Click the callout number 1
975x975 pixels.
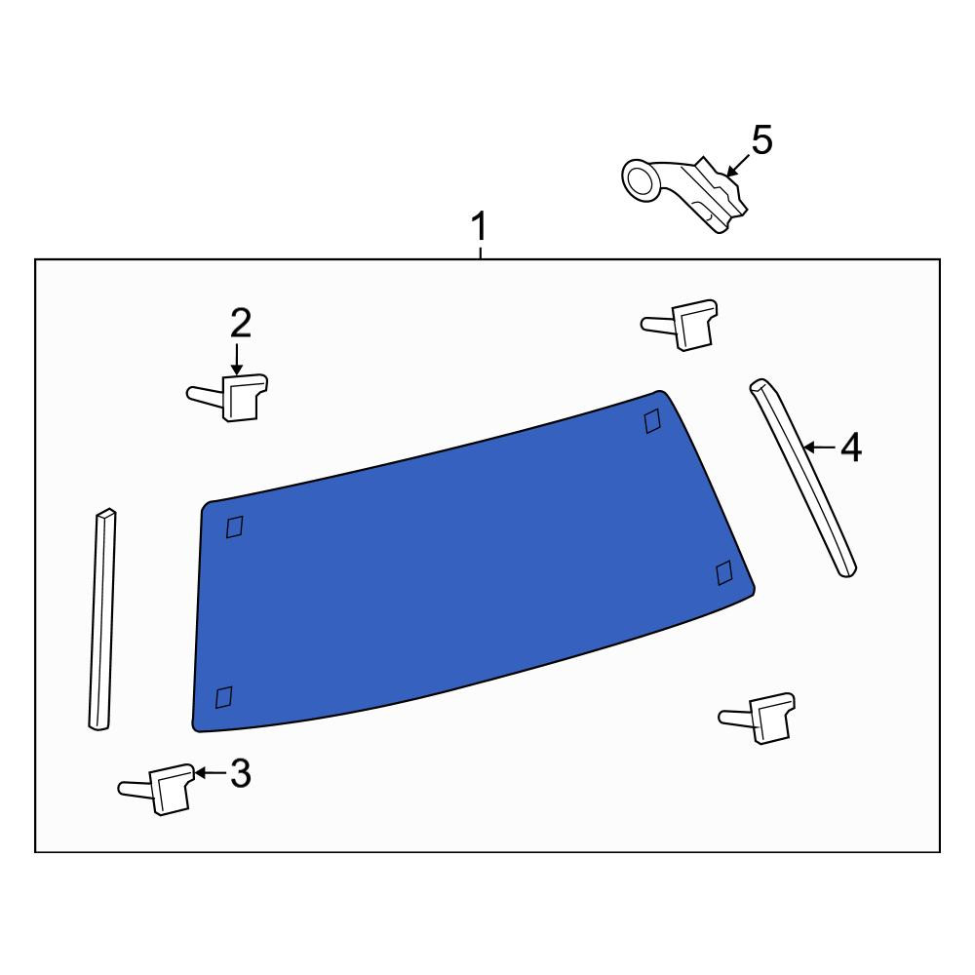[x=479, y=226]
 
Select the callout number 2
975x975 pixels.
[x=241, y=324]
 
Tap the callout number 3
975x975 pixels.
[x=241, y=773]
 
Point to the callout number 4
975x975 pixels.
[x=851, y=448]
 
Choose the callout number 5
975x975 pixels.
[x=761, y=139]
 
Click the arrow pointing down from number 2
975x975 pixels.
[x=236, y=360]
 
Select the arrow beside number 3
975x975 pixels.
[x=211, y=773]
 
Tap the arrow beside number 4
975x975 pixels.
[x=819, y=447]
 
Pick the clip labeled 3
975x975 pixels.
[x=158, y=789]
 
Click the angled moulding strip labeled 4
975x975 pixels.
[x=802, y=477]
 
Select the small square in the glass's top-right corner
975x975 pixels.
[x=652, y=421]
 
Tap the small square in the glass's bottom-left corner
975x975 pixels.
[x=223, y=697]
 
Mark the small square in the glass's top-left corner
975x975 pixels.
[x=234, y=526]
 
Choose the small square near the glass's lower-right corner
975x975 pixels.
[x=724, y=572]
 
